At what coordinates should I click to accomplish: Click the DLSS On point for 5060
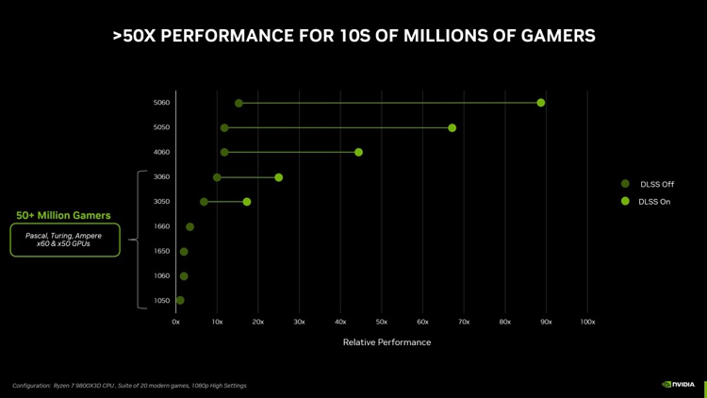540,103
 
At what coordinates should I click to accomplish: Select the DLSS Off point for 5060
238,103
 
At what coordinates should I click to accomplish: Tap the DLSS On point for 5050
452,127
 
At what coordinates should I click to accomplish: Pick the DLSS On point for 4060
358,152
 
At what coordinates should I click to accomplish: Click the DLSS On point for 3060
278,177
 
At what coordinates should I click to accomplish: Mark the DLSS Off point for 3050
204,202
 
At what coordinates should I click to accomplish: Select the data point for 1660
189,226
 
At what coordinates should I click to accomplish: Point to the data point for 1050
180,301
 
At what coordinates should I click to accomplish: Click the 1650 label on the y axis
161,252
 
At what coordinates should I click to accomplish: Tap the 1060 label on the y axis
161,276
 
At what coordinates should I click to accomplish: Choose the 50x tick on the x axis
381,323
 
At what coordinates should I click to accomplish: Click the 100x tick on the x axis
587,323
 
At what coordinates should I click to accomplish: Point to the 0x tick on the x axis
175,323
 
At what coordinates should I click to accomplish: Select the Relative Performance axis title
386,342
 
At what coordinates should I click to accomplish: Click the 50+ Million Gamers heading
63,215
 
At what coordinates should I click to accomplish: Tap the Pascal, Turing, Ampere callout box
64,240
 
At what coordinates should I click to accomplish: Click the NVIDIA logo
679,384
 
